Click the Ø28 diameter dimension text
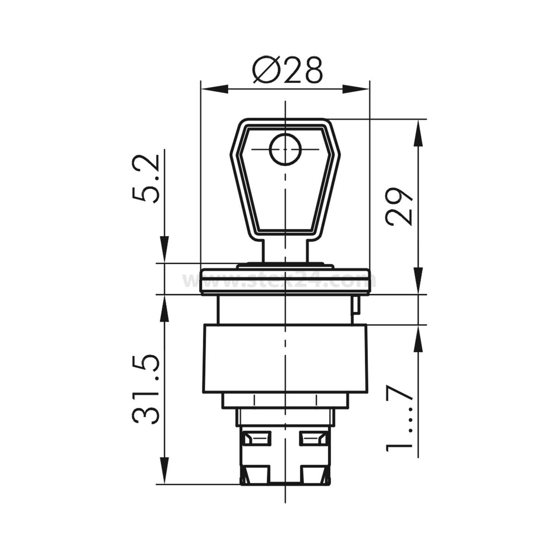point(287,70)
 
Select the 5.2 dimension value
point(146,179)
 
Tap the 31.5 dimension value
point(146,390)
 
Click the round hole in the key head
point(285,149)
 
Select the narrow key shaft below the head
point(285,251)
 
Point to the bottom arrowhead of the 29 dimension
point(419,280)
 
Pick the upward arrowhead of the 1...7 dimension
point(419,339)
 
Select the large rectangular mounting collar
point(285,359)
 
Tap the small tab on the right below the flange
point(356,305)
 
